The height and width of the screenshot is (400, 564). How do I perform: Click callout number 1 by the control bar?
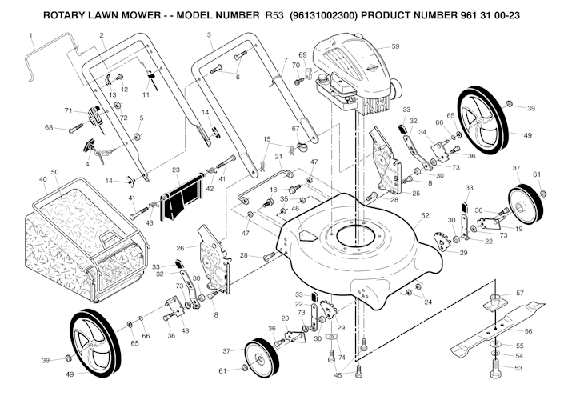pos(30,35)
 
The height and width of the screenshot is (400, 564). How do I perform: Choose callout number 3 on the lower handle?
pos(209,35)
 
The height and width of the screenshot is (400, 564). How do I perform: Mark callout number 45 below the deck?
pos(337,374)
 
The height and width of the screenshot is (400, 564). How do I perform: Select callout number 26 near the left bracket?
pos(180,248)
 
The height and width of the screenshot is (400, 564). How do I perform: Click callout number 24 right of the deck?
pos(428,302)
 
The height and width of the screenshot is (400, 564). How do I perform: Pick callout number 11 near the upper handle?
pos(146,94)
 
